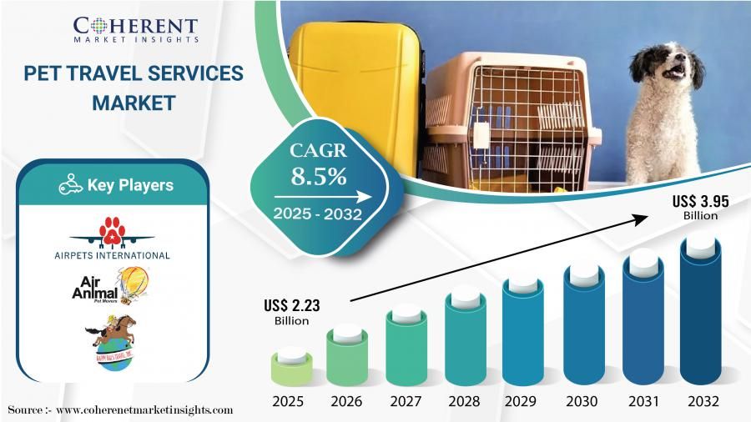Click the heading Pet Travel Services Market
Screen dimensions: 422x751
point(134,88)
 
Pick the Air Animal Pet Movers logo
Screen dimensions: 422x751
point(112,289)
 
